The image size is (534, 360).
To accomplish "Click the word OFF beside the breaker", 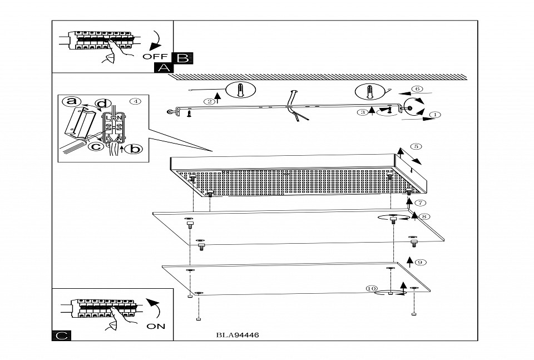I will click(155, 57).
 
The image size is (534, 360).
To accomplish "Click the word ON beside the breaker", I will click(156, 326).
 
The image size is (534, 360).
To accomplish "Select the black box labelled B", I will click(182, 57).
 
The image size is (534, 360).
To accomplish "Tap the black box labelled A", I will click(163, 67).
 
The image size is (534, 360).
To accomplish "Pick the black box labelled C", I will click(62, 335).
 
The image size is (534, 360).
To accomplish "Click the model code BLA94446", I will click(238, 336).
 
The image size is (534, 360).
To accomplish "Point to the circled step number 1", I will click(435, 115).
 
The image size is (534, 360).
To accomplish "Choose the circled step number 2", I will click(209, 102).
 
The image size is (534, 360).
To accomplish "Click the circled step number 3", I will click(363, 112).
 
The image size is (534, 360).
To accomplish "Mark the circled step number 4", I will click(135, 101).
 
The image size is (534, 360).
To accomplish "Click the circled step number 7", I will click(421, 203).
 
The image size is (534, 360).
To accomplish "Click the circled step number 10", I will click(372, 288).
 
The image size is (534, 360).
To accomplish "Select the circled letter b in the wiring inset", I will click(133, 149).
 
